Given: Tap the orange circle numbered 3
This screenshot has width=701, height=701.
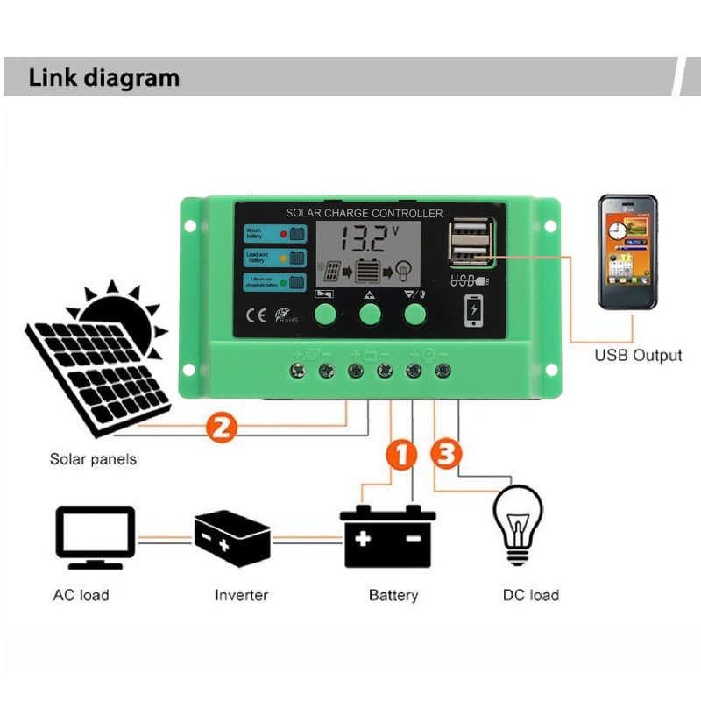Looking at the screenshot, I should [445, 454].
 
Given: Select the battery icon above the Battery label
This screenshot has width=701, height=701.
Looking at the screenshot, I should [388, 536].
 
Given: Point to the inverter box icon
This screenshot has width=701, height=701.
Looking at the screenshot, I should [231, 535].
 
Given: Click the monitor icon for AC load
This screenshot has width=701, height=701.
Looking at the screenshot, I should [95, 537].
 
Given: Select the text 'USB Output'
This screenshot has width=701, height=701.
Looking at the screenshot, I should [638, 355].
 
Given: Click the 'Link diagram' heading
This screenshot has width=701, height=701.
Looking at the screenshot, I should [103, 77].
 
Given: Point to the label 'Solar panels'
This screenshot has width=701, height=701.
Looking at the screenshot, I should [93, 458].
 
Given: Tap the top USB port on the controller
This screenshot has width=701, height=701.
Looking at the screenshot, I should [469, 234].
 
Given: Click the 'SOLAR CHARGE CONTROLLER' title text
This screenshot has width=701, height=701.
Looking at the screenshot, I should [364, 214].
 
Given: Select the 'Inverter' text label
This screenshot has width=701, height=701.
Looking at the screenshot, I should [241, 595].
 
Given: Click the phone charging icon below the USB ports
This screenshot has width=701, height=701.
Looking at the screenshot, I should [473, 310].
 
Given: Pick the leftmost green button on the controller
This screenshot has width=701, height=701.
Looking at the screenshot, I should [325, 314].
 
